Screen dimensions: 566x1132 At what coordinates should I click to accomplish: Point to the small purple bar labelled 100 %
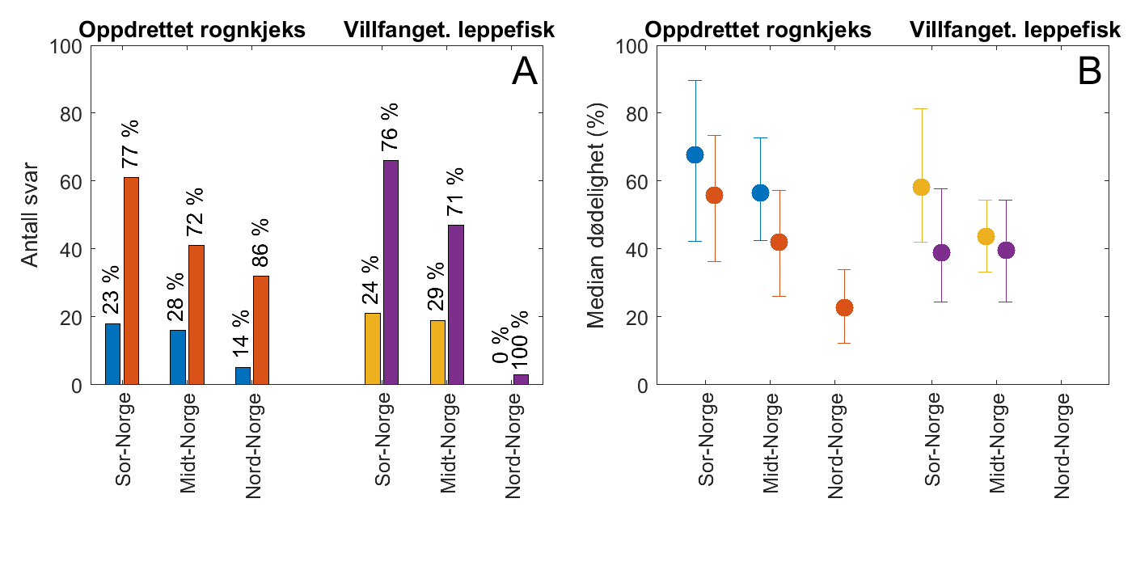pos(521,379)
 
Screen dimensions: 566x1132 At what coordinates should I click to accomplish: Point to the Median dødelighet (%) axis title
pos(597,215)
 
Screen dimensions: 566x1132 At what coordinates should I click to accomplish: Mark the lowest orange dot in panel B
pos(844,307)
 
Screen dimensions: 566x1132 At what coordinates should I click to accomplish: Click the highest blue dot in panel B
pos(695,154)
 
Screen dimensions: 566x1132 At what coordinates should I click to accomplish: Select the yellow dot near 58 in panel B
pos(921,188)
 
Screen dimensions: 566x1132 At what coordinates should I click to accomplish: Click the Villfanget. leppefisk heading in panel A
pos(449,31)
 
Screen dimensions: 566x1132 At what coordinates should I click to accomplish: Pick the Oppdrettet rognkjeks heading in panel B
pos(758,31)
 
